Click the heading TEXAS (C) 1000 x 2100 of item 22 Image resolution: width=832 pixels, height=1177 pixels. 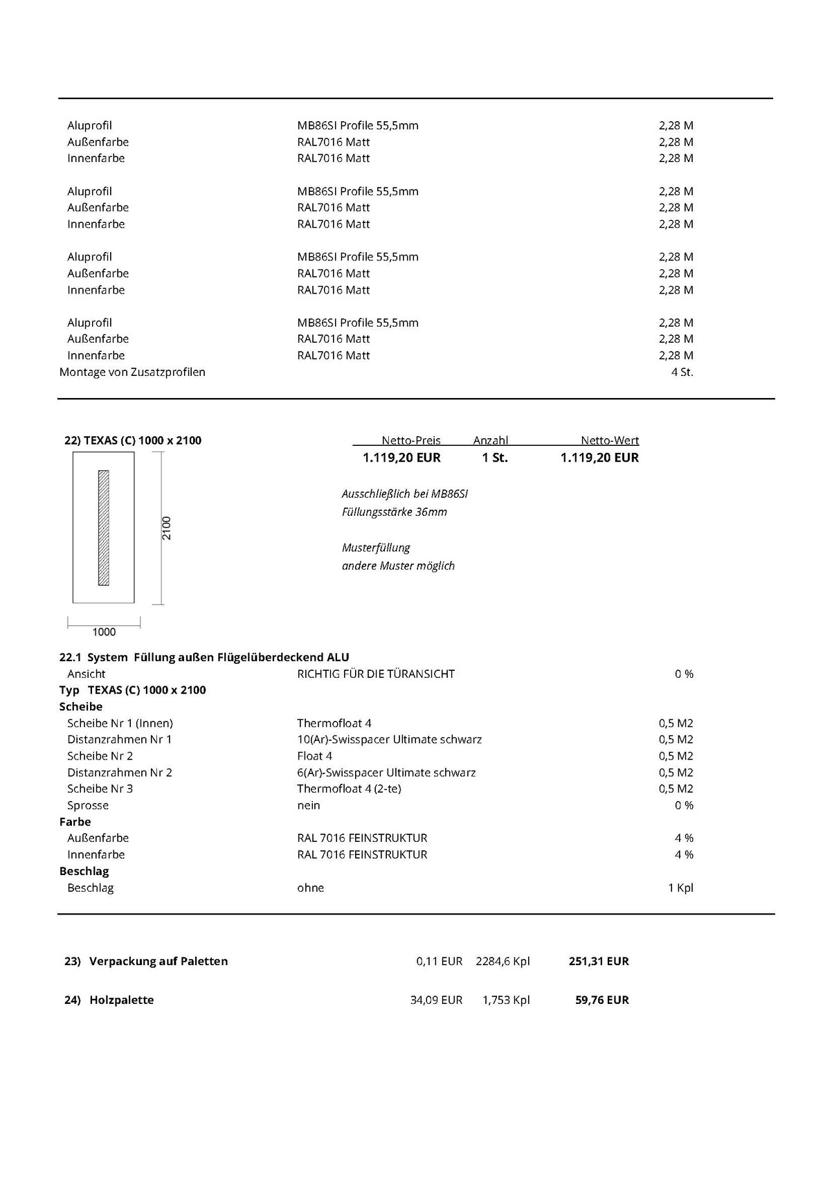click(x=142, y=440)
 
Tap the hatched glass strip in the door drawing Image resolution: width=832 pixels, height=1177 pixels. click(x=104, y=528)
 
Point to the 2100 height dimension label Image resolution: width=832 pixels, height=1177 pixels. click(x=167, y=528)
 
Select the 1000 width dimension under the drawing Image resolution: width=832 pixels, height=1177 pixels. click(x=104, y=631)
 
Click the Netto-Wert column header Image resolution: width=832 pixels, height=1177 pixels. click(x=609, y=440)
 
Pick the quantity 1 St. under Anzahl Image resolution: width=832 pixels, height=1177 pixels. click(x=495, y=458)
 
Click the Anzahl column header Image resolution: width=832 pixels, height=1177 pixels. click(x=490, y=440)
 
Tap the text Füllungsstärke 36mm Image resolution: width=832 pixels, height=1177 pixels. click(x=394, y=512)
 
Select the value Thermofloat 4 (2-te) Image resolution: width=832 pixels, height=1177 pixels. click(x=349, y=789)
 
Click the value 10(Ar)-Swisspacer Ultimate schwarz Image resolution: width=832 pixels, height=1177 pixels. click(x=389, y=739)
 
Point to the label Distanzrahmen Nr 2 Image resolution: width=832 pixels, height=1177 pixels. click(x=119, y=773)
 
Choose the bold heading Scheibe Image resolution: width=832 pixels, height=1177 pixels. click(x=81, y=707)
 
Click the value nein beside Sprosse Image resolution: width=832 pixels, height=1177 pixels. click(x=309, y=805)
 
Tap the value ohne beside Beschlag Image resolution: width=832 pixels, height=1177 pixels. click(x=310, y=888)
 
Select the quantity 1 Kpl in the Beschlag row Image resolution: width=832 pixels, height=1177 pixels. click(x=680, y=888)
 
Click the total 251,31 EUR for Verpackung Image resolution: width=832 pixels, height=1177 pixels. click(x=598, y=961)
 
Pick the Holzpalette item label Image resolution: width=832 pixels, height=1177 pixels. click(x=121, y=1000)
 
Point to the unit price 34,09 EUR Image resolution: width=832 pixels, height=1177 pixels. click(x=436, y=1000)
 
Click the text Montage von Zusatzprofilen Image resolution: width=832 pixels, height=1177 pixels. click(x=132, y=372)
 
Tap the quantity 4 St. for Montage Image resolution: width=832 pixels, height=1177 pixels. click(x=682, y=372)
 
